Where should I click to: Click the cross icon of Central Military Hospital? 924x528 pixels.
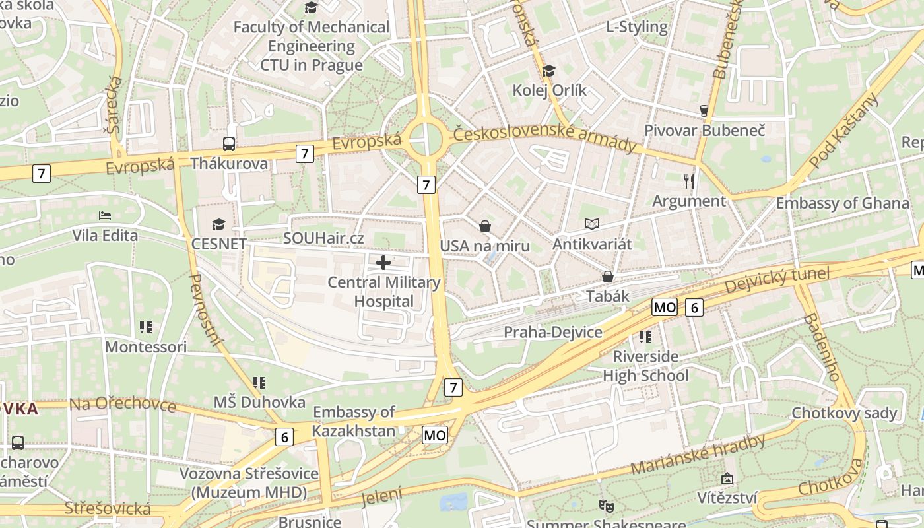click(x=383, y=263)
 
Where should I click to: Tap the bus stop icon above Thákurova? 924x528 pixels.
click(x=229, y=143)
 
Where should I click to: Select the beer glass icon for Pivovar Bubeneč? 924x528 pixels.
click(x=704, y=110)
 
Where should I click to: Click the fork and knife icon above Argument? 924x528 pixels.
click(x=689, y=181)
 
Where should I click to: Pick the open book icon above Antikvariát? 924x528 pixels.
click(x=592, y=224)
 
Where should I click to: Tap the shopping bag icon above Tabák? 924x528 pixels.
click(x=607, y=277)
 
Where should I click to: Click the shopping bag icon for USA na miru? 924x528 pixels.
click(x=485, y=226)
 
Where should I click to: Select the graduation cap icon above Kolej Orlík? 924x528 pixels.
click(x=548, y=71)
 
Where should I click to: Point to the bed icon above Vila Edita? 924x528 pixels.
click(x=105, y=215)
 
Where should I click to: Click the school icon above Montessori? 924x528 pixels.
click(x=146, y=327)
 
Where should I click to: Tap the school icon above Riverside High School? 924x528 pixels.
click(x=645, y=337)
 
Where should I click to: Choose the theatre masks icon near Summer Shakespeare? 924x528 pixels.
click(x=606, y=506)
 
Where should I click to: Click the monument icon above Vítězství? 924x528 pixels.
click(x=727, y=478)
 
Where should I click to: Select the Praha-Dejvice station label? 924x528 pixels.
click(x=553, y=332)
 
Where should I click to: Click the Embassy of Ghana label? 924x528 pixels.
click(x=842, y=203)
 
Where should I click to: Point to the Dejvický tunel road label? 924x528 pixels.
click(x=777, y=280)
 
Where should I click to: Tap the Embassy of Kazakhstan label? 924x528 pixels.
click(x=354, y=422)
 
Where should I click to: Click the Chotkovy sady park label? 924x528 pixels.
click(x=844, y=413)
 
